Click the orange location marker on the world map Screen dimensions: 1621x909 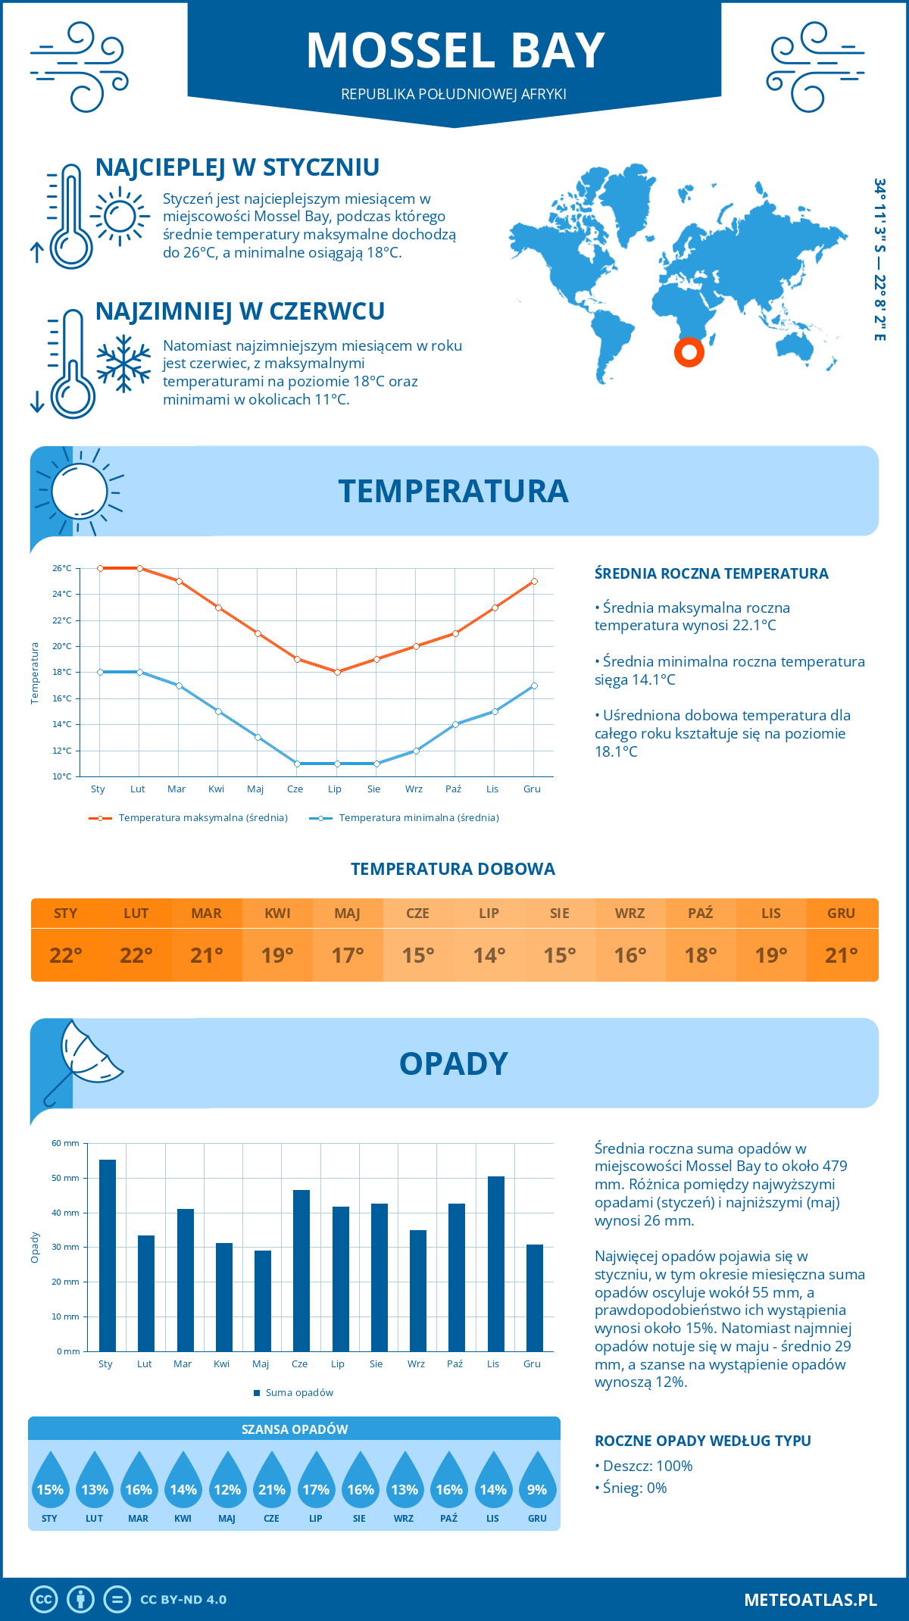pos(689,352)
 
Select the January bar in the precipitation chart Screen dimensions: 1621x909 pos(108,1255)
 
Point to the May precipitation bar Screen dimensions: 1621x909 pos(262,1301)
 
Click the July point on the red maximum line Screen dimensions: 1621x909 pos(337,672)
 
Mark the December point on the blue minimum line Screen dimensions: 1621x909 pos(534,686)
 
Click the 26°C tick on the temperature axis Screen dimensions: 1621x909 pos(62,568)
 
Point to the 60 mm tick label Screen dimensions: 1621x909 pos(65,1143)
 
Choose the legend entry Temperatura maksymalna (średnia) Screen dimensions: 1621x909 pos(202,818)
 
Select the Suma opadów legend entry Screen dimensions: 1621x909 pos(298,1393)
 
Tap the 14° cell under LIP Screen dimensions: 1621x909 pos(489,955)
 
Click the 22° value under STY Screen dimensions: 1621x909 pos(65,955)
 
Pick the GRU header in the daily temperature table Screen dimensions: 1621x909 pos(841,914)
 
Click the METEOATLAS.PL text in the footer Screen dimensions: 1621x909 pos(810,1600)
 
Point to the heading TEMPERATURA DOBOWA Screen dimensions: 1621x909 pos(453,870)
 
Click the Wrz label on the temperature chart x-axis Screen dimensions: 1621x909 pos(414,789)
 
